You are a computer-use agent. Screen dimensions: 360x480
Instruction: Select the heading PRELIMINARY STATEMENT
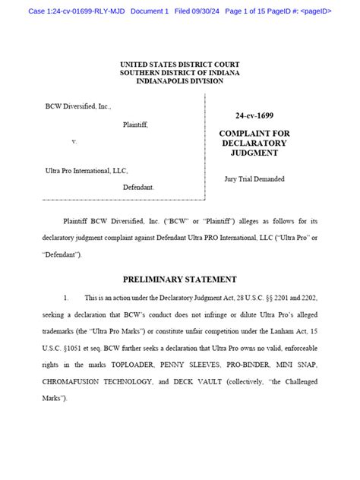(x=179, y=279)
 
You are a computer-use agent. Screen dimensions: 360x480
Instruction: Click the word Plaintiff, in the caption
(x=135, y=125)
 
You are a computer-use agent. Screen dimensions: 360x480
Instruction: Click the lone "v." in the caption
(x=74, y=141)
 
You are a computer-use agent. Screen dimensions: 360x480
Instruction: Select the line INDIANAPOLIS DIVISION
(x=179, y=81)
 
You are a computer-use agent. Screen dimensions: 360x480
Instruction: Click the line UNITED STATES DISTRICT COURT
(x=179, y=64)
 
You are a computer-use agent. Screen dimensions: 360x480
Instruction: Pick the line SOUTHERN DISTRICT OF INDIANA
(x=179, y=72)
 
